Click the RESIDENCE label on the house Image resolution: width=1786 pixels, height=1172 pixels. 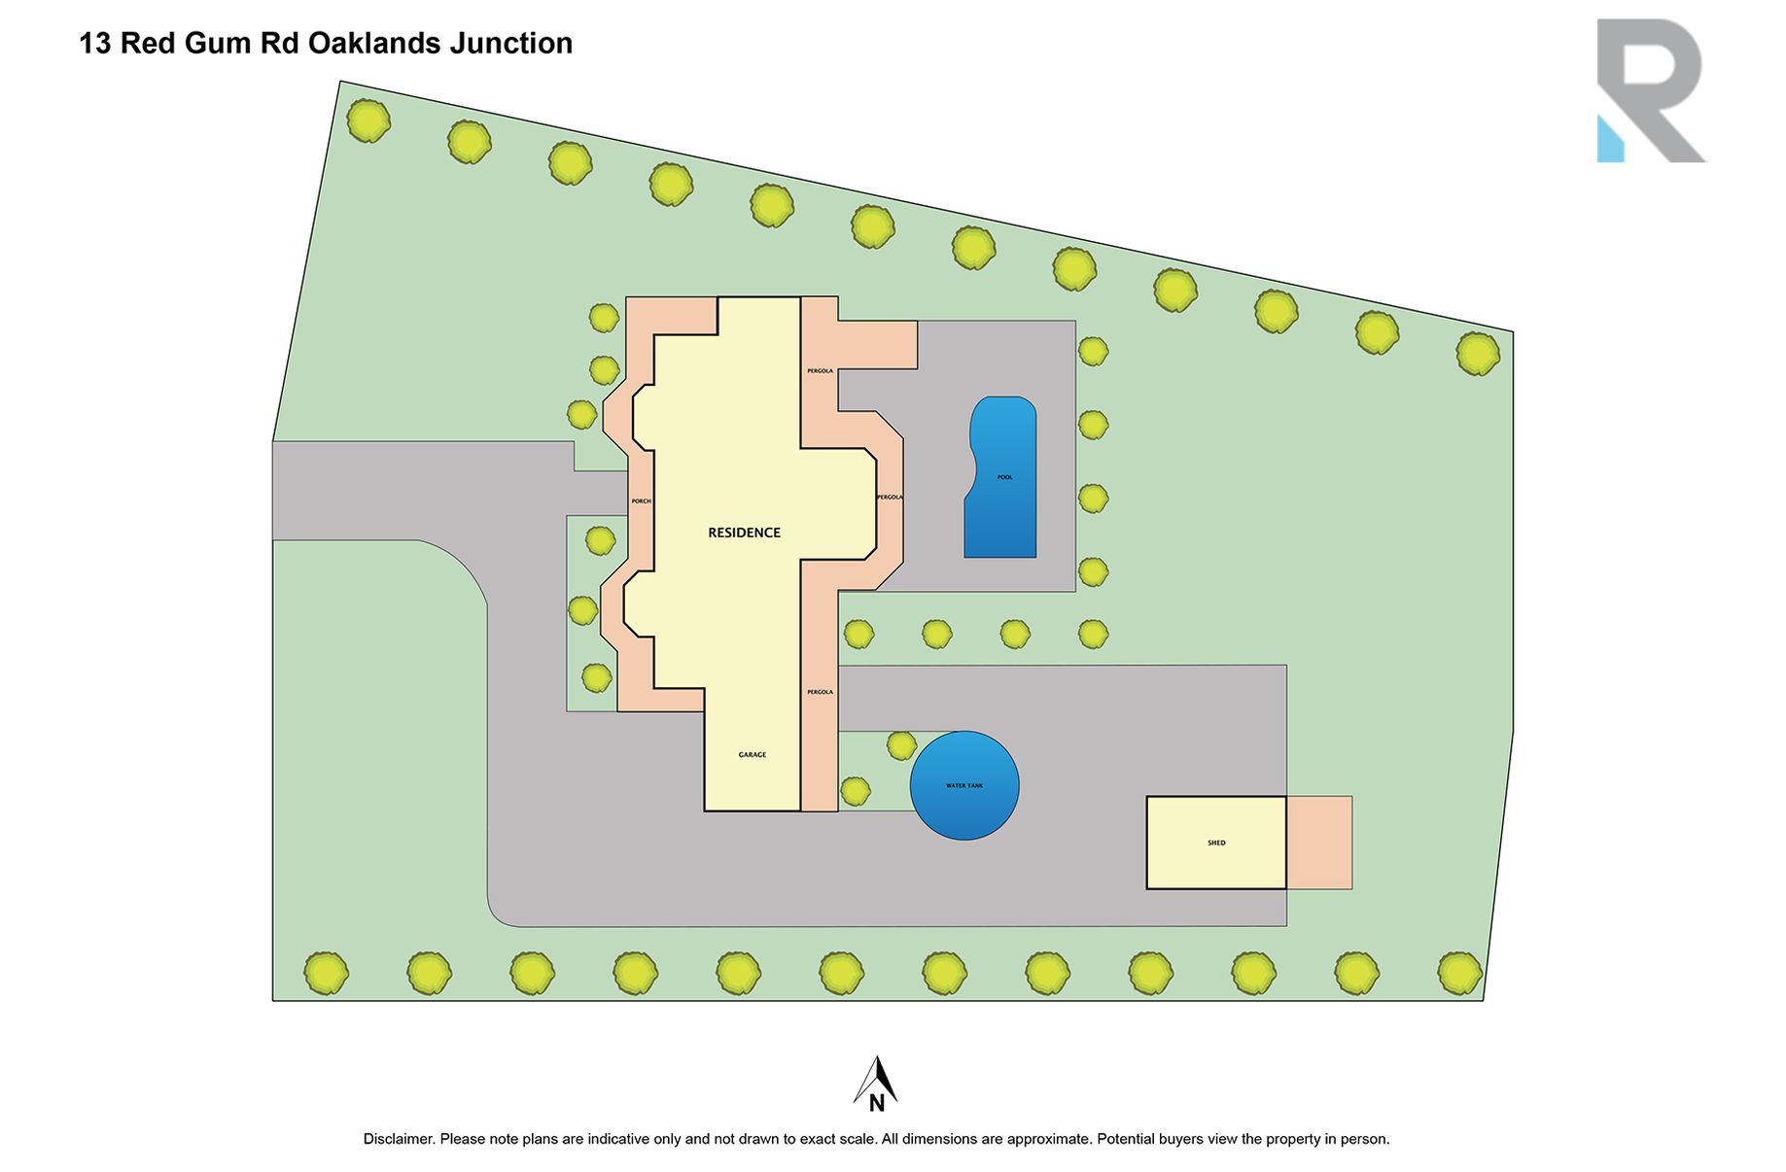(x=744, y=533)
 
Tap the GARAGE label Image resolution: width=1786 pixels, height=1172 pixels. (x=752, y=754)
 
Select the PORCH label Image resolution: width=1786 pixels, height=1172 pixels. (x=641, y=501)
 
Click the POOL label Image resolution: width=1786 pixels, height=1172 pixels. (x=1004, y=477)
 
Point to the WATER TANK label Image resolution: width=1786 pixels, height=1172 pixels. (x=964, y=785)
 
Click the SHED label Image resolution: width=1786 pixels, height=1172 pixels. (x=1216, y=843)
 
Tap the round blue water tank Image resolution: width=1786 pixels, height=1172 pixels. (x=964, y=785)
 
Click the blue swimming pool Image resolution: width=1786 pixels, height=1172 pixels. (x=1001, y=477)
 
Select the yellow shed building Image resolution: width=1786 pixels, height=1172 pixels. (x=1216, y=843)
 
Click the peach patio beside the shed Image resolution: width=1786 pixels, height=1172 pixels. (x=1319, y=843)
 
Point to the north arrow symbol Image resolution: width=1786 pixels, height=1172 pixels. (x=876, y=1081)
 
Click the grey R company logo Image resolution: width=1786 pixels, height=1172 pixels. (x=1652, y=90)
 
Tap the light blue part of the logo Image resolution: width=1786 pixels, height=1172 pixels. (x=1610, y=139)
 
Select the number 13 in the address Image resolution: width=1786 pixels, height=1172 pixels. (x=95, y=44)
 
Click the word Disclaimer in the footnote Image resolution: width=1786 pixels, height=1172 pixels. (x=399, y=1139)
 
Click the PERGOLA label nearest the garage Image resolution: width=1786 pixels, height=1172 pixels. (x=820, y=692)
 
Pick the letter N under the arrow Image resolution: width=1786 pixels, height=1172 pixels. (x=876, y=1103)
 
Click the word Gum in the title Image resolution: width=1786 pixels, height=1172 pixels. (x=225, y=44)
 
